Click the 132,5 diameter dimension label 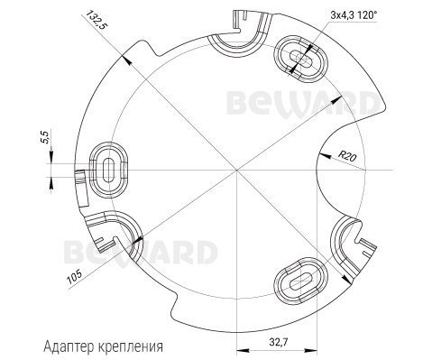(97, 21)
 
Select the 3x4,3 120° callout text (354, 15)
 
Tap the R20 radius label (347, 157)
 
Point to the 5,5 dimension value (45, 137)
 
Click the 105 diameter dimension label (75, 277)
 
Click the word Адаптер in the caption (69, 346)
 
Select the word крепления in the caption (131, 347)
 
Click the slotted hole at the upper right (300, 59)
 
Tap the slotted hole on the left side (109, 171)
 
